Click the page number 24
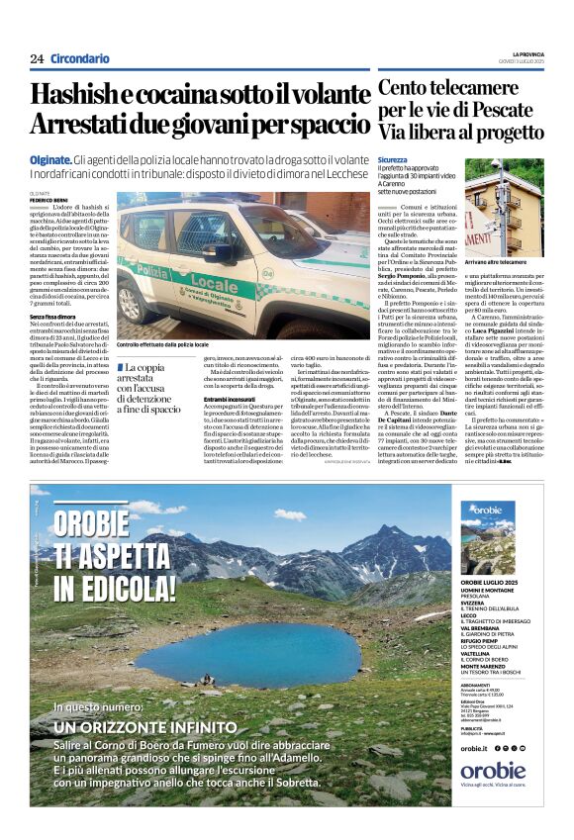37,59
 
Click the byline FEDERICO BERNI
49,200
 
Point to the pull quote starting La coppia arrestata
148,387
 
